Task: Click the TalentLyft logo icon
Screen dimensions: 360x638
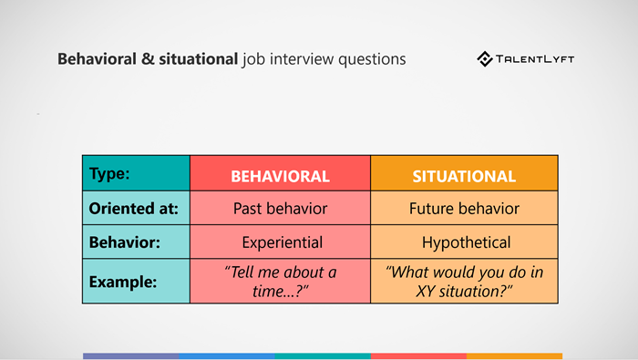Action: pyautogui.click(x=486, y=59)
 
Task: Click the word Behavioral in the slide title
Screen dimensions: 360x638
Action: pyautogui.click(x=95, y=59)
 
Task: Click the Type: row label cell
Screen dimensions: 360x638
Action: pyautogui.click(x=136, y=173)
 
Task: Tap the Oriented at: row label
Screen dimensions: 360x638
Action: pyautogui.click(x=136, y=209)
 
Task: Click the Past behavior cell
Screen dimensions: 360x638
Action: pyautogui.click(x=280, y=209)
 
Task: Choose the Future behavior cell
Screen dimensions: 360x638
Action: pyautogui.click(x=464, y=209)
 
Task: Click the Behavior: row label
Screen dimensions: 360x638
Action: pyautogui.click(x=136, y=243)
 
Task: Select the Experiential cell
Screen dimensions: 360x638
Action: pyautogui.click(x=280, y=243)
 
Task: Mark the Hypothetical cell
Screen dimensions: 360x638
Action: pyautogui.click(x=464, y=243)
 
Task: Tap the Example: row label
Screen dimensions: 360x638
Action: pyautogui.click(x=136, y=282)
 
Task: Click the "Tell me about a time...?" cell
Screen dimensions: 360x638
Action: pyautogui.click(x=280, y=282)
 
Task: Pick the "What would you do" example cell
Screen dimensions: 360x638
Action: pyautogui.click(x=464, y=282)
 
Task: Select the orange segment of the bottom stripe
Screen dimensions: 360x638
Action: pyautogui.click(x=514, y=356)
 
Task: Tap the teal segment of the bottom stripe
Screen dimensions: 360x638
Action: pyautogui.click(x=323, y=356)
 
